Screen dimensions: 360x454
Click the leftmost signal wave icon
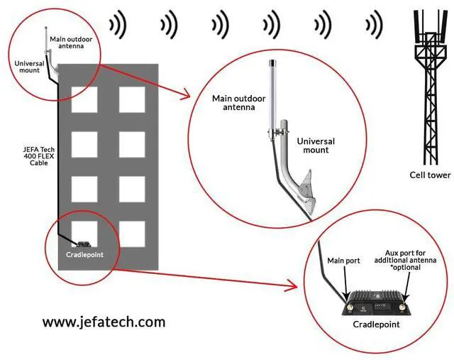117,25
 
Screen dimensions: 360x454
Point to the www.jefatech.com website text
104,322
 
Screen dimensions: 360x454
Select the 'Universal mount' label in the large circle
316,146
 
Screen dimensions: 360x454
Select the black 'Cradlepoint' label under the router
376,324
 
